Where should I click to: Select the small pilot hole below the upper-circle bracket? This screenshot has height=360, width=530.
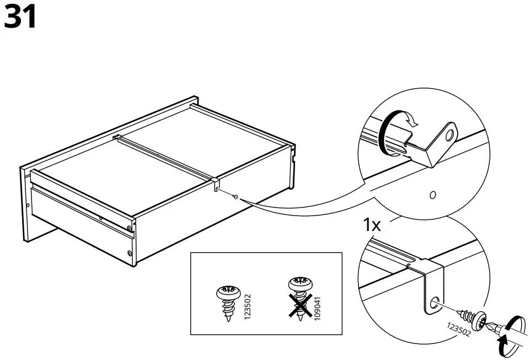[432, 195]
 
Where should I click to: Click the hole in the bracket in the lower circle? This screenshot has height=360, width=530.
[433, 301]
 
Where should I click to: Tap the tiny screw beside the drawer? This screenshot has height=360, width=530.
[235, 196]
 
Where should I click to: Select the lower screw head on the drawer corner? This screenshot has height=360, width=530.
[129, 254]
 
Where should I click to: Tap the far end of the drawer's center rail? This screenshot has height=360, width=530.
[116, 136]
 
